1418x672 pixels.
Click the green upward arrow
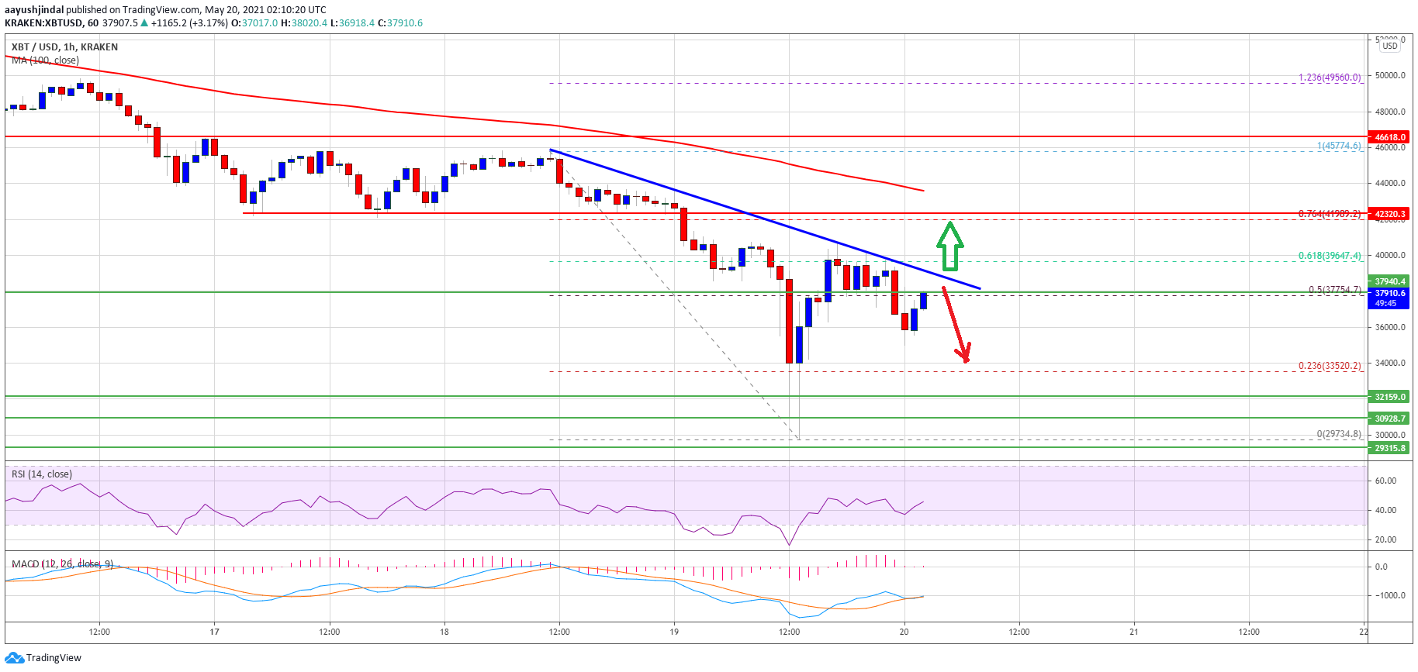click(949, 246)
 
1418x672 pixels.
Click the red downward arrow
click(956, 326)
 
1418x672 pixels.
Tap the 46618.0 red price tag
click(1390, 137)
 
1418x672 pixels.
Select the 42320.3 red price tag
click(1390, 214)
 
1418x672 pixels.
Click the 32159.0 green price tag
click(1390, 397)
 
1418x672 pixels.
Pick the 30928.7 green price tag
click(1390, 419)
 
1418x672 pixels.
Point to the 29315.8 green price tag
click(1390, 448)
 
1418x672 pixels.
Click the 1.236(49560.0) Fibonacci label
click(1330, 78)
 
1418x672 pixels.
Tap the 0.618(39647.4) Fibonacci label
click(1330, 256)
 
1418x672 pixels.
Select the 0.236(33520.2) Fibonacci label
click(1330, 366)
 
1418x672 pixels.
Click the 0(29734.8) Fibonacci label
click(1338, 434)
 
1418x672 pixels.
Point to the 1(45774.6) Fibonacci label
click(1338, 146)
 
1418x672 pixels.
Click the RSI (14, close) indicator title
click(42, 474)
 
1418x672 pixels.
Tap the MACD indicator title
click(62, 563)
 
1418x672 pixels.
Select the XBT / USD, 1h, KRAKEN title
click(64, 47)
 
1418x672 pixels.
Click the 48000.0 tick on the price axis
click(1390, 112)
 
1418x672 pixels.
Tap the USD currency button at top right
click(1390, 46)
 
